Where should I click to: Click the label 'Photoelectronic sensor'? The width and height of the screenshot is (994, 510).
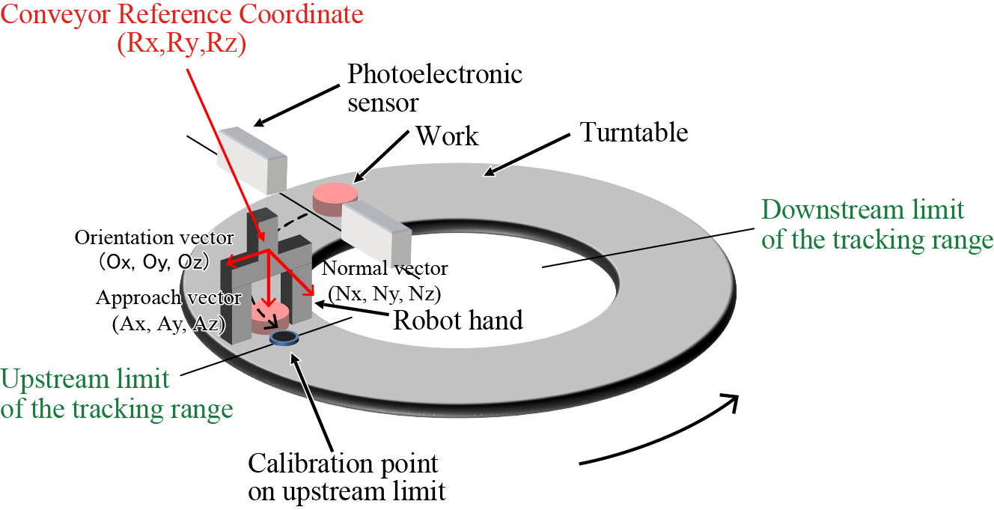(435, 88)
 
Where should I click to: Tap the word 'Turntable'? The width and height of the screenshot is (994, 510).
(634, 133)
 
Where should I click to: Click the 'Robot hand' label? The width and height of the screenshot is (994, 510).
(458, 321)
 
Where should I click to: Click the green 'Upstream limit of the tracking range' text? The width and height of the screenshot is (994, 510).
(116, 394)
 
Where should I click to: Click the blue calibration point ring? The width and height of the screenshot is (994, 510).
(284, 339)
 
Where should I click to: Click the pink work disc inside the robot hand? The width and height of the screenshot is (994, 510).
(269, 315)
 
